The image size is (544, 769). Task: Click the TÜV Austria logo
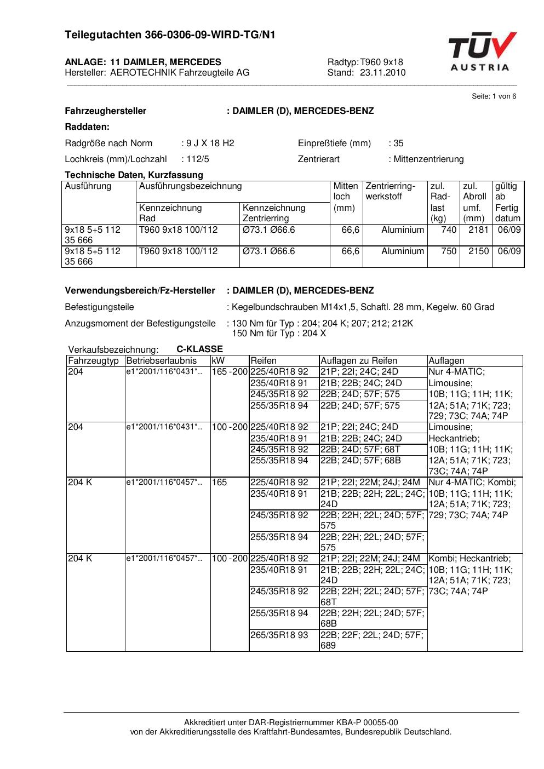(482, 52)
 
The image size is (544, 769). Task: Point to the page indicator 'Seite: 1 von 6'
(494, 96)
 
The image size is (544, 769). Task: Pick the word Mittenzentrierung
(428, 159)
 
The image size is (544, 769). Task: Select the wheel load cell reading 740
(449, 230)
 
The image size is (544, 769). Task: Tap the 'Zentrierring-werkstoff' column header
(391, 191)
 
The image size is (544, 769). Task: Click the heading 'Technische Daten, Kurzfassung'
(134, 175)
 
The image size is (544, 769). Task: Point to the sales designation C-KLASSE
(199, 349)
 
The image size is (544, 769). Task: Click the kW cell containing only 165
(219, 483)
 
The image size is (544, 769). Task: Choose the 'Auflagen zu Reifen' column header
(358, 361)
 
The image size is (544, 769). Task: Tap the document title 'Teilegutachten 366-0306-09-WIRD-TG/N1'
(170, 36)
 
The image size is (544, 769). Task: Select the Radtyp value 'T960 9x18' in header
(381, 62)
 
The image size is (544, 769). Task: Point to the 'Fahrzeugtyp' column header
(93, 361)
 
